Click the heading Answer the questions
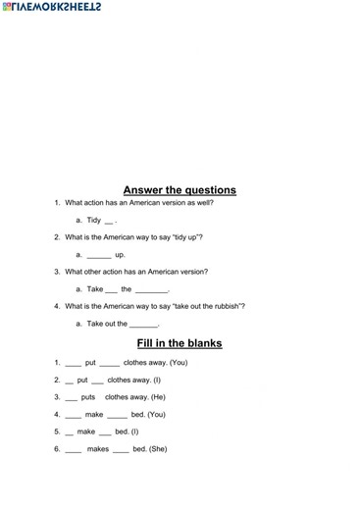point(180,189)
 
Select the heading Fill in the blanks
point(180,343)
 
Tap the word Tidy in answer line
point(94,221)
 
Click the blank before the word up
point(99,255)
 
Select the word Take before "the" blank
point(95,289)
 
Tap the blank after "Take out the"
point(144,324)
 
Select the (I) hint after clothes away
point(156,380)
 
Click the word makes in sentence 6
point(98,449)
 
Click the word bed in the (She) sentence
point(140,449)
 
